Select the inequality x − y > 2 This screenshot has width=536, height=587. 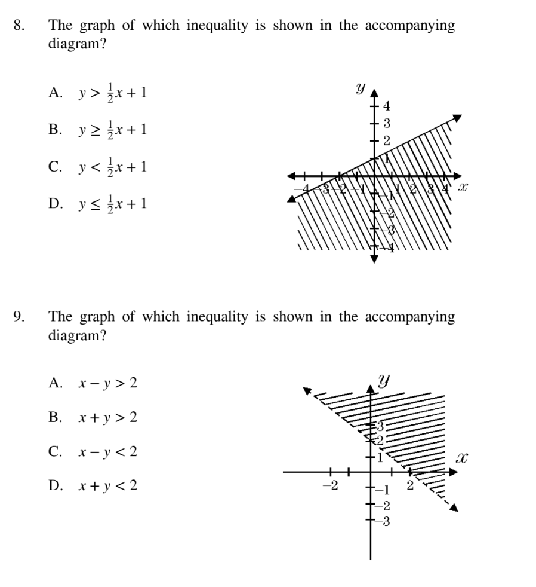tap(107, 383)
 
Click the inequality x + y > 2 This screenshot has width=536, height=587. tap(107, 417)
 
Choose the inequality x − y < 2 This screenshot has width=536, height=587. tap(107, 451)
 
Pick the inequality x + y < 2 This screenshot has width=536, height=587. tap(107, 485)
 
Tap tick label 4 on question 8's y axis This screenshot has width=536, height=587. tap(386, 107)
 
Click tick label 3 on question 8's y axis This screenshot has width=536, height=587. tap(386, 124)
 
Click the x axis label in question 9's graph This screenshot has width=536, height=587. tap(460, 459)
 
